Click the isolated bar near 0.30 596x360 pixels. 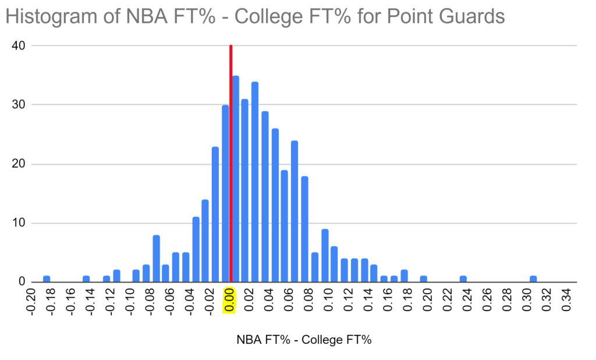pos(533,279)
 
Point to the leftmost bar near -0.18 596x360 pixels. pos(47,279)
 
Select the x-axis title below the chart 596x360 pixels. pos(304,340)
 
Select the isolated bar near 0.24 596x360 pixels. pos(463,279)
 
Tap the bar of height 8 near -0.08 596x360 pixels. pos(156,259)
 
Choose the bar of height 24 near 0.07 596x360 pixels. pos(295,212)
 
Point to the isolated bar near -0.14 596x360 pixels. pos(86,279)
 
